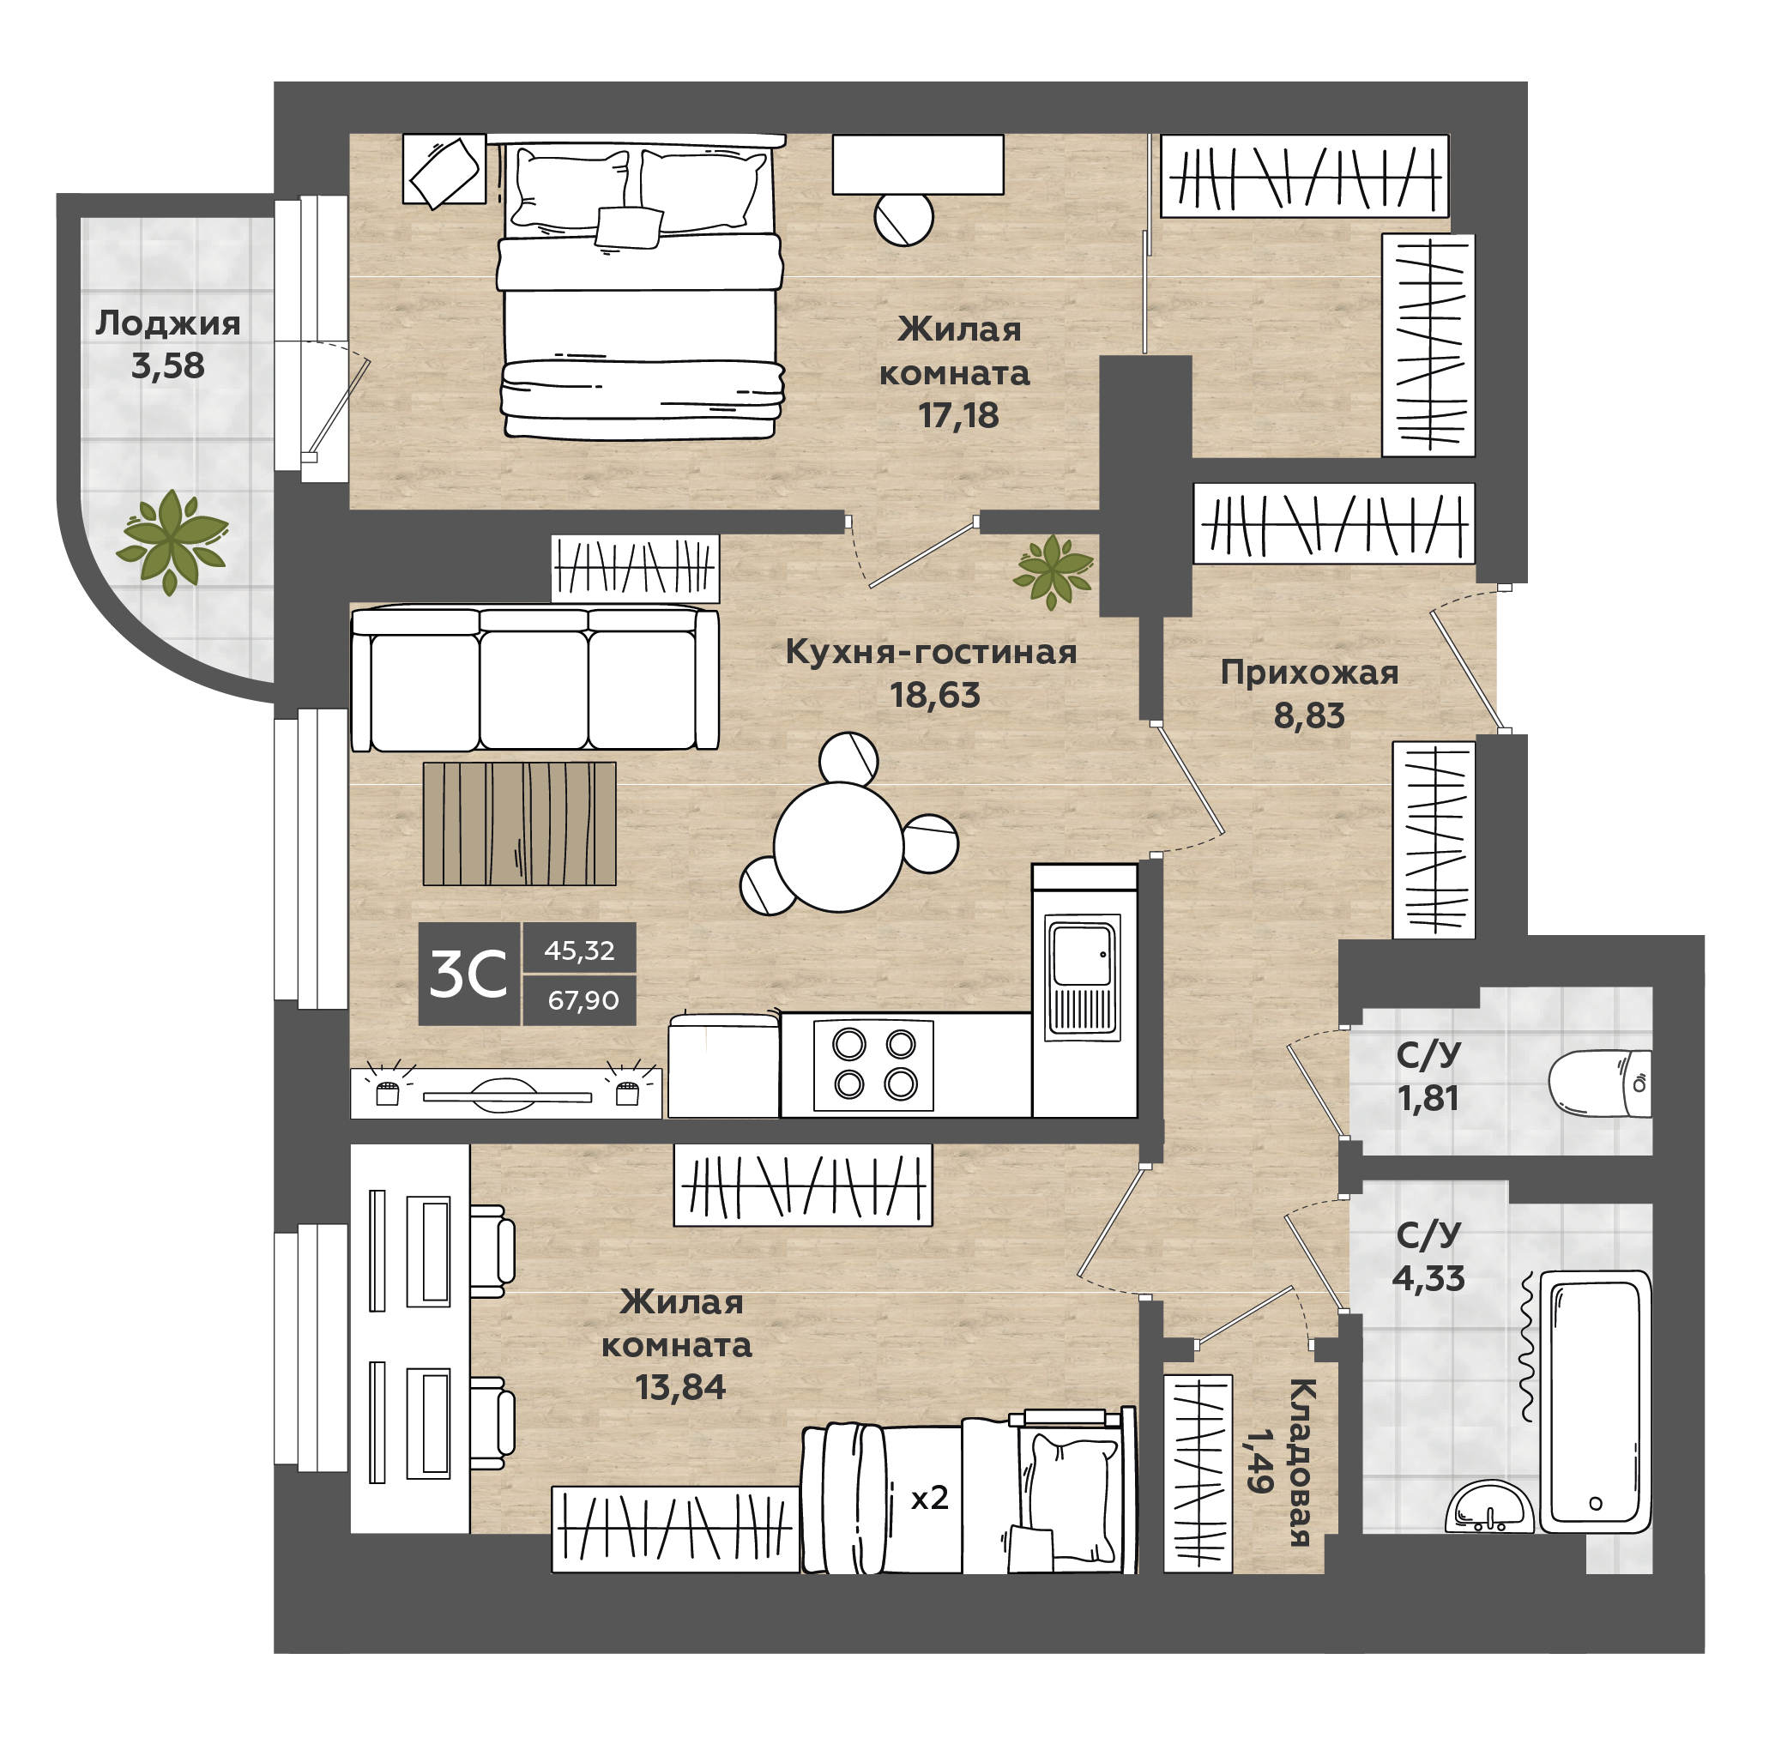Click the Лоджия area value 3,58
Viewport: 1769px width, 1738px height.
[x=168, y=366]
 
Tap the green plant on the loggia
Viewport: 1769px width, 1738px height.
[x=172, y=542]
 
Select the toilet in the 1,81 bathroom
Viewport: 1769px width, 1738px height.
[x=1599, y=1083]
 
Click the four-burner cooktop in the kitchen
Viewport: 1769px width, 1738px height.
[x=873, y=1065]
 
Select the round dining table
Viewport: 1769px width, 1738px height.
[x=838, y=846]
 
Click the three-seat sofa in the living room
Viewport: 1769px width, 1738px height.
[x=534, y=679]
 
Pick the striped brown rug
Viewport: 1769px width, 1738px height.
[x=519, y=824]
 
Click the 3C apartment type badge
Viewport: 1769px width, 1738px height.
[x=468, y=974]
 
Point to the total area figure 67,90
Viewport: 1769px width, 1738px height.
[x=583, y=1000]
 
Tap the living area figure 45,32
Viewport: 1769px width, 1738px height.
[x=580, y=950]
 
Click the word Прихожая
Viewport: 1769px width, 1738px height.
[x=1309, y=673]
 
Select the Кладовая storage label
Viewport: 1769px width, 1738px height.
[x=1300, y=1463]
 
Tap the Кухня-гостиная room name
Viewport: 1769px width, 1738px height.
[x=931, y=652]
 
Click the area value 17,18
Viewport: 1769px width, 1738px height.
[x=958, y=415]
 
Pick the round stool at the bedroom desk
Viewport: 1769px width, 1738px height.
[x=903, y=219]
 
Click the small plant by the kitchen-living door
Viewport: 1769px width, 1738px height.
[x=1054, y=571]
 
